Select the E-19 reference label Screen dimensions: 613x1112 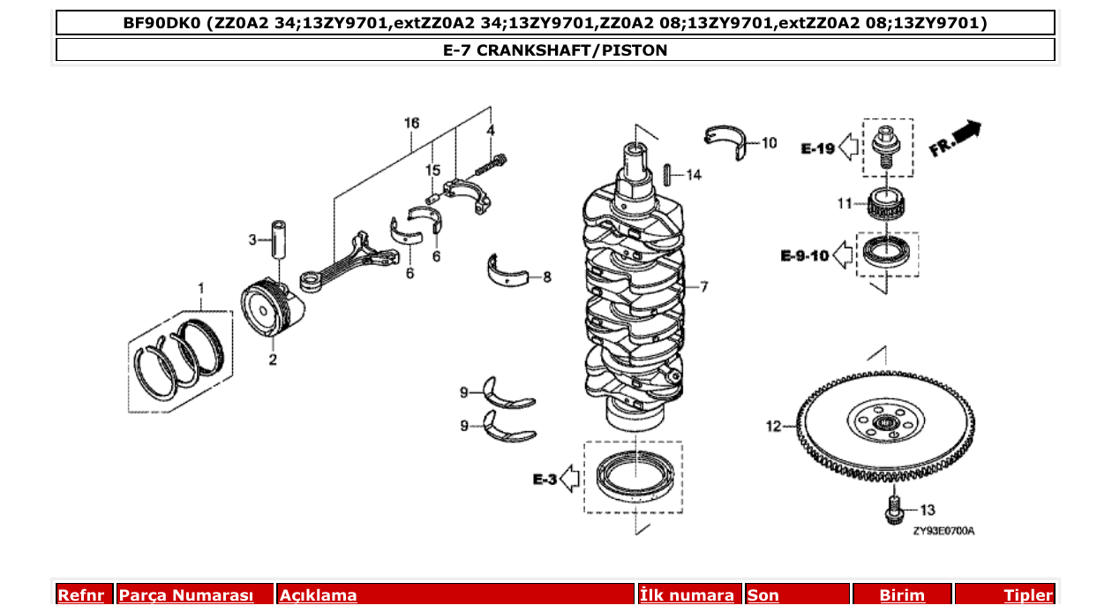tap(817, 148)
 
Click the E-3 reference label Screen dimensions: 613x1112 tap(544, 480)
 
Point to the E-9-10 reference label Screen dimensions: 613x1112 tap(804, 256)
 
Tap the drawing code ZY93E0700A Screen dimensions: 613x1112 tap(943, 531)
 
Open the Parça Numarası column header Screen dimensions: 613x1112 tap(186, 595)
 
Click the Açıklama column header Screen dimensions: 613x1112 tap(319, 595)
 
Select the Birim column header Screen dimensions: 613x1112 tap(902, 595)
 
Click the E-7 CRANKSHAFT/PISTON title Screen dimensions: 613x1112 tap(555, 50)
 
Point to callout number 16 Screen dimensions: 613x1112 tap(411, 122)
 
